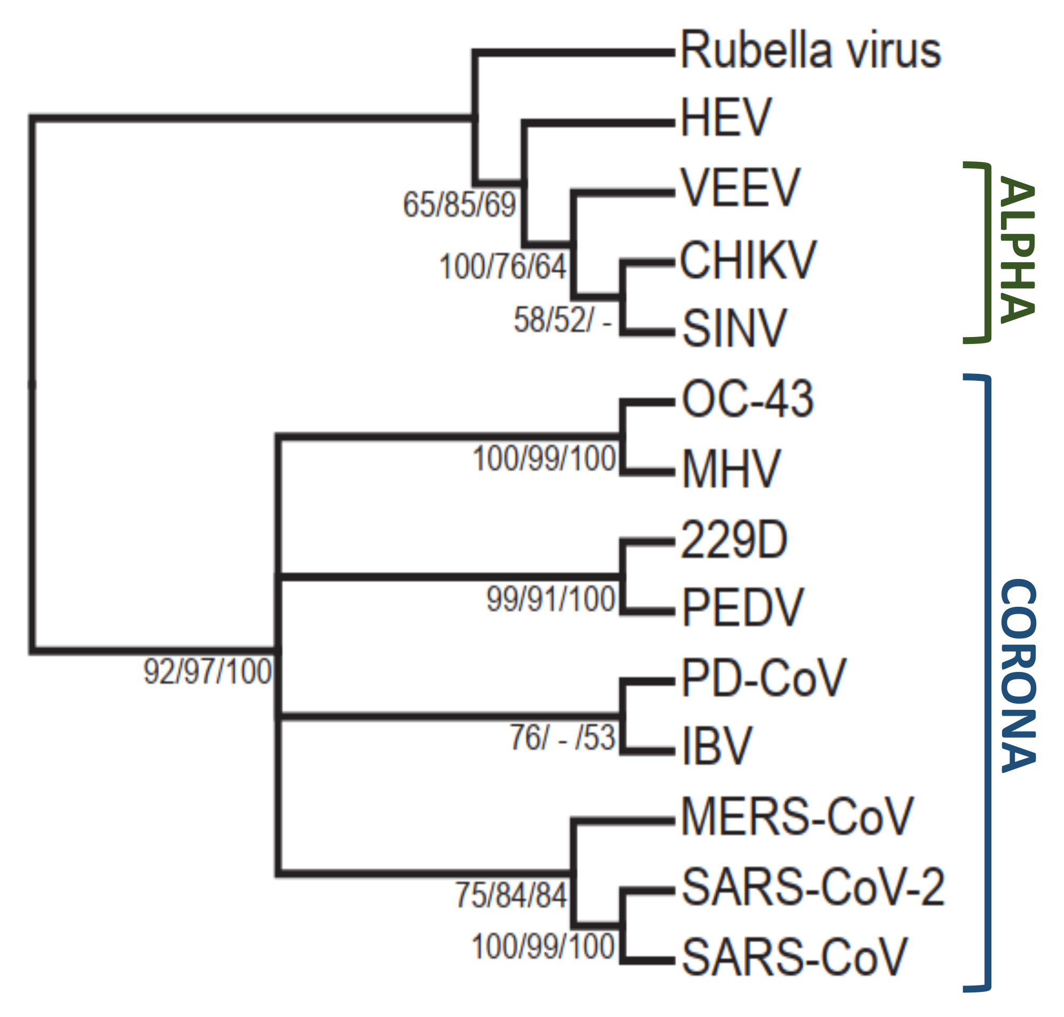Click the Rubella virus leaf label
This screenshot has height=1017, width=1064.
pos(810,51)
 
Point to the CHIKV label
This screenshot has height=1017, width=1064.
pos(747,261)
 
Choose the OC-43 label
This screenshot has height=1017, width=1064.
pos(747,400)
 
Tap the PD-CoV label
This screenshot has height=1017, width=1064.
pos(763,678)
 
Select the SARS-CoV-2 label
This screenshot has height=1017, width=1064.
pos(813,887)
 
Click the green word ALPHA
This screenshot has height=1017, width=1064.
pos(1017,251)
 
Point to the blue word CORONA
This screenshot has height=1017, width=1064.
pos(1018,676)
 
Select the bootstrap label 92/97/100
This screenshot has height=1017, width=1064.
pos(207,672)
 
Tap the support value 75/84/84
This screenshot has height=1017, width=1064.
pos(511,895)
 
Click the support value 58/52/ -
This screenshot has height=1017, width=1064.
pos(562,320)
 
